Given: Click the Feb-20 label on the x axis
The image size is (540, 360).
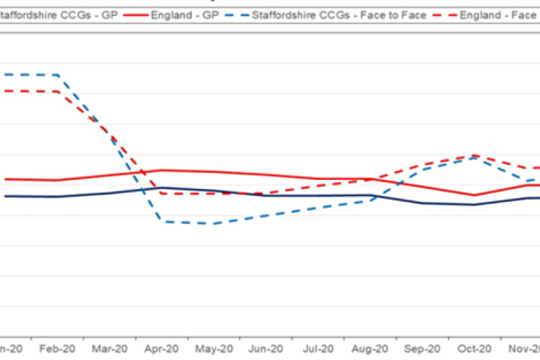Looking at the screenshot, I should point(58,348).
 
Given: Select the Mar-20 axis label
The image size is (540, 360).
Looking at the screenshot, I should point(110,348).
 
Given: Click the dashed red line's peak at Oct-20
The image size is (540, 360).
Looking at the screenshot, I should point(475,155).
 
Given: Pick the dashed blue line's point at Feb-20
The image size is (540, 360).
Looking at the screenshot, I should point(58,75).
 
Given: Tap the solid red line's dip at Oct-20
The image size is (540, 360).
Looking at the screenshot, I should point(475,195).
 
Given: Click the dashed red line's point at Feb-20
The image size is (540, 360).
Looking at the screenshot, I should point(58,91).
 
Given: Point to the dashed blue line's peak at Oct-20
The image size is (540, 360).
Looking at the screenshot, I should point(475,158).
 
